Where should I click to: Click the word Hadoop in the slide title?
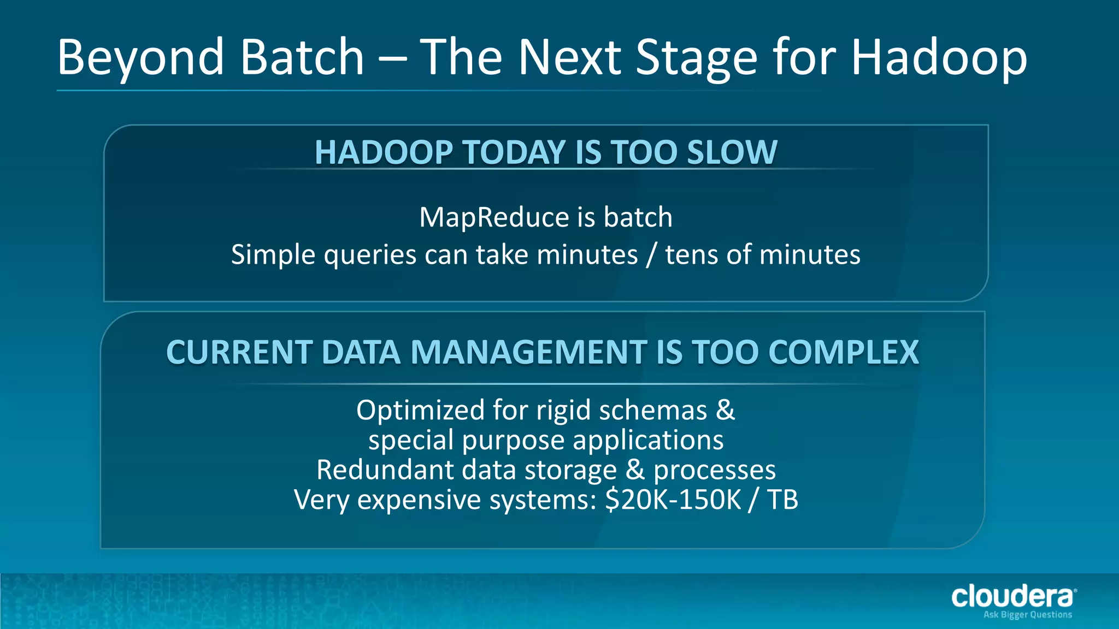tap(939, 58)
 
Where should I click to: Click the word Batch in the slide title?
tap(302, 57)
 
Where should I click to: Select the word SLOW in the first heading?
tap(732, 152)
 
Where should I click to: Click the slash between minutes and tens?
tap(651, 255)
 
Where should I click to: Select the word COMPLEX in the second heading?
tap(844, 352)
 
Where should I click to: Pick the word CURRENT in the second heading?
tap(239, 352)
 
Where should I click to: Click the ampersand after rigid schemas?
tap(725, 410)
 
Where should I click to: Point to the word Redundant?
tap(385, 470)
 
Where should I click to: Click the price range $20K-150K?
tap(673, 500)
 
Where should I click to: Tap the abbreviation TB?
tap(782, 500)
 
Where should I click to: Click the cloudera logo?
tap(1012, 597)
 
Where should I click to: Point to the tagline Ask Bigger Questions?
tap(1027, 615)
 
